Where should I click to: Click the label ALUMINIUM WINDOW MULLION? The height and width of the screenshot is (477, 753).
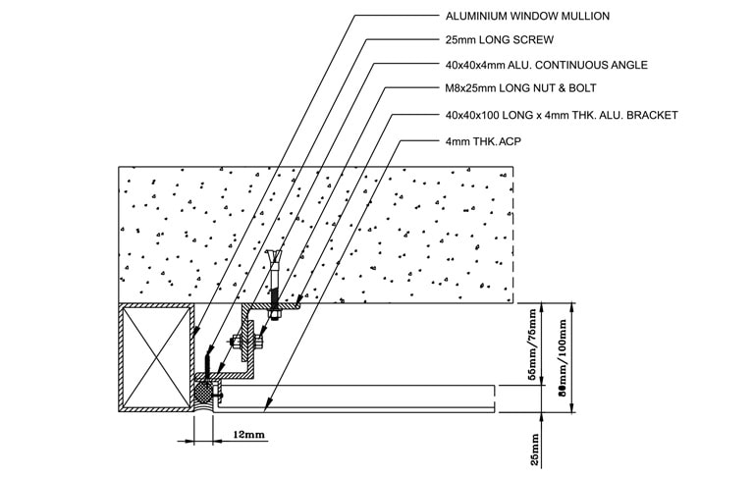tap(527, 16)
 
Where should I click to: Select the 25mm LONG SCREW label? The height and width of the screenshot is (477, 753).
tap(500, 40)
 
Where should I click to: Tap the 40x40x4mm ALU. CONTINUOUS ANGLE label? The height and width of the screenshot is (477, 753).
tap(547, 65)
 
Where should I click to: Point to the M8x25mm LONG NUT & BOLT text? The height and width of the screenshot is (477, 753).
tap(521, 88)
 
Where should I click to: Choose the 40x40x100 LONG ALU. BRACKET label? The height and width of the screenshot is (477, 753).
tap(562, 115)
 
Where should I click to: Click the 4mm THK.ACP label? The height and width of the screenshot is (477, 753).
tap(483, 141)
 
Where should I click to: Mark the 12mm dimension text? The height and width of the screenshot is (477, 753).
tap(248, 435)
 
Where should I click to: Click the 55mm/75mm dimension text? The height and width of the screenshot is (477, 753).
tap(532, 344)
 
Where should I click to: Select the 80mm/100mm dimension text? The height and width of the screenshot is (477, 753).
tap(563, 357)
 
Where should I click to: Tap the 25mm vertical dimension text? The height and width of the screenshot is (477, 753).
tap(535, 450)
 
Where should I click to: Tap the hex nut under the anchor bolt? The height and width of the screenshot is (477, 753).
tap(274, 315)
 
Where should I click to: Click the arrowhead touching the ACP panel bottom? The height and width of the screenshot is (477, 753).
tap(267, 407)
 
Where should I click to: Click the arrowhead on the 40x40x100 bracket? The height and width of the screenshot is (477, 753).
tap(297, 302)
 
